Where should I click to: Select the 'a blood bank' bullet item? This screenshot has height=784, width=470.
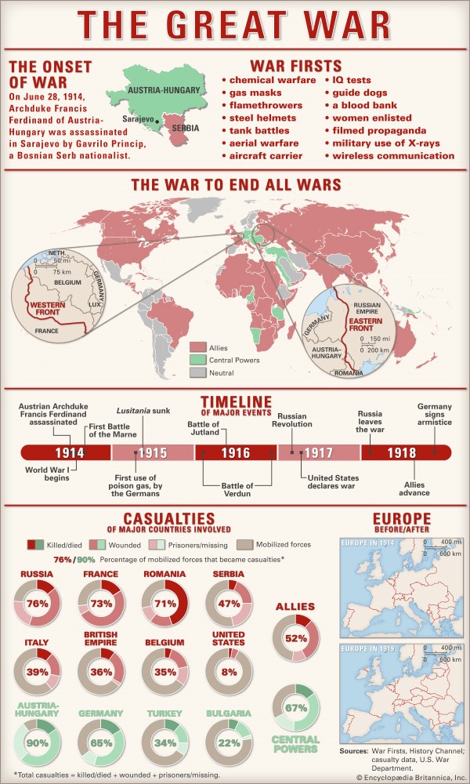click(x=365, y=105)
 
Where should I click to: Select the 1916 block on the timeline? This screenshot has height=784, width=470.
click(x=235, y=453)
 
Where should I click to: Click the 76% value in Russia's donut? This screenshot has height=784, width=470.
click(x=38, y=604)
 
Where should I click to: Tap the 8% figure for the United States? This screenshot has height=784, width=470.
click(x=229, y=671)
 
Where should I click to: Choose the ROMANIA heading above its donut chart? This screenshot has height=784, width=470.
click(x=165, y=574)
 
